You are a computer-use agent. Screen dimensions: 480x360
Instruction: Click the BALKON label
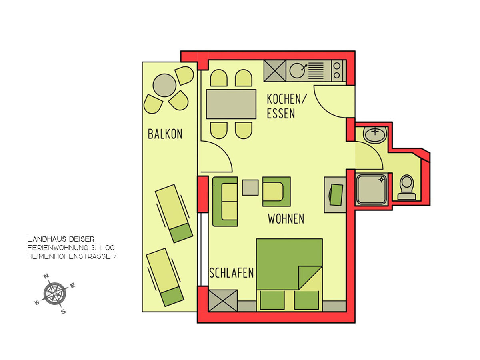tap(165, 134)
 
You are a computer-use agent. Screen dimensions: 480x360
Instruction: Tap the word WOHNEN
tap(286, 218)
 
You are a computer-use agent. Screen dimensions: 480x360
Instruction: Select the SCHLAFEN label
tap(232, 273)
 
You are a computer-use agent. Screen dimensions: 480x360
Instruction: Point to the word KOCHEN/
tap(287, 99)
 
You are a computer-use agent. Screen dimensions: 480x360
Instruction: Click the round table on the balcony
tap(164, 85)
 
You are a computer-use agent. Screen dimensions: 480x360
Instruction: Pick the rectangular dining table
tap(231, 104)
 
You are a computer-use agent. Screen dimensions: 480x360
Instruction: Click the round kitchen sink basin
tap(297, 71)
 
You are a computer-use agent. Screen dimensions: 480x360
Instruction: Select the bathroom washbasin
tap(375, 134)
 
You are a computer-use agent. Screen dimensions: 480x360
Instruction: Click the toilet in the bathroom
tap(406, 187)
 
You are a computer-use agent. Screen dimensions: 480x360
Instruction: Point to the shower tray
tap(372, 189)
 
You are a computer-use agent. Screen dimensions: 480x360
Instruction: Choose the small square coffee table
tap(250, 187)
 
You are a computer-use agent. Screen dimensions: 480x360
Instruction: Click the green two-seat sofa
tap(225, 202)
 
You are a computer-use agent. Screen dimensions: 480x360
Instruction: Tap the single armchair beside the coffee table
tap(276, 192)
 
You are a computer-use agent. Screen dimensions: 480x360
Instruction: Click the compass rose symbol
tap(54, 293)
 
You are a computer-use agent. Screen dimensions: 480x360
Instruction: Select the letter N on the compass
tap(46, 276)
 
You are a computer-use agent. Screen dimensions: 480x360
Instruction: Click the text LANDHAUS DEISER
tap(61, 239)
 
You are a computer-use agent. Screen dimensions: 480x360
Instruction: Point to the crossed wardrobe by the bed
tap(223, 300)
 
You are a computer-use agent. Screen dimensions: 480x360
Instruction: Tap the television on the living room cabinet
tap(336, 194)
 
